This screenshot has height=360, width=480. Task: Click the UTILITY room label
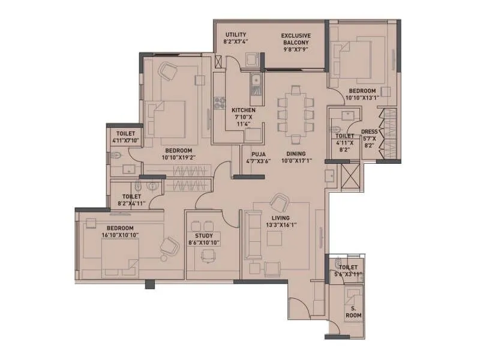point(235,35)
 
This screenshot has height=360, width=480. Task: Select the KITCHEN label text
point(244,110)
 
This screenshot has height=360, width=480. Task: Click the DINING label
point(296,154)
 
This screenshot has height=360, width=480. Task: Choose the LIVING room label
point(280,218)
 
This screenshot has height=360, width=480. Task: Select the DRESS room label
point(369,132)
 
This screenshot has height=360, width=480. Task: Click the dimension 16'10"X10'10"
point(120,236)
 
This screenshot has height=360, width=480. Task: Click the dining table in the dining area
point(295,110)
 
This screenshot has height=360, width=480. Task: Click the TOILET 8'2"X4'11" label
point(131,196)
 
